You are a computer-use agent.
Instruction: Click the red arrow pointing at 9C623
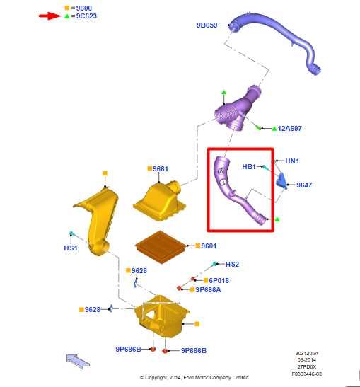coord(50,16)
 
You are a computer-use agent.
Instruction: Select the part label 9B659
coord(207,25)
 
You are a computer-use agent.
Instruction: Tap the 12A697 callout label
coord(290,128)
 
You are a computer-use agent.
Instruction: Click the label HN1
coord(292,161)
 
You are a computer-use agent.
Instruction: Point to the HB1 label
coord(249,167)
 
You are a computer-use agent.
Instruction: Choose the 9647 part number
coord(304,185)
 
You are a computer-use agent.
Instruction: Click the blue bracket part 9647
coord(281,181)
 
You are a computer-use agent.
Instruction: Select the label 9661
coord(161,169)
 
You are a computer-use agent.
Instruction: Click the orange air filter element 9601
coord(161,247)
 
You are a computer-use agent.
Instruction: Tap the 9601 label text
coord(209,246)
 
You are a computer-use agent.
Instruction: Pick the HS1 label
coord(71,248)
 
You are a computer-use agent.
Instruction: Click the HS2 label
coord(232,265)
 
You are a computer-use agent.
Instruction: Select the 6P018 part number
coord(219,280)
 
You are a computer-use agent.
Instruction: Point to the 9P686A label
coord(208,290)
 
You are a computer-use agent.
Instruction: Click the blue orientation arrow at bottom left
coord(78,361)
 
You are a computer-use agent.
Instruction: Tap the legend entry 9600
coord(84,8)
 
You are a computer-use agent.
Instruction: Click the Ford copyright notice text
coord(194,377)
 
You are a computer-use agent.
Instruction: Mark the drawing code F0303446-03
coord(307,374)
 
